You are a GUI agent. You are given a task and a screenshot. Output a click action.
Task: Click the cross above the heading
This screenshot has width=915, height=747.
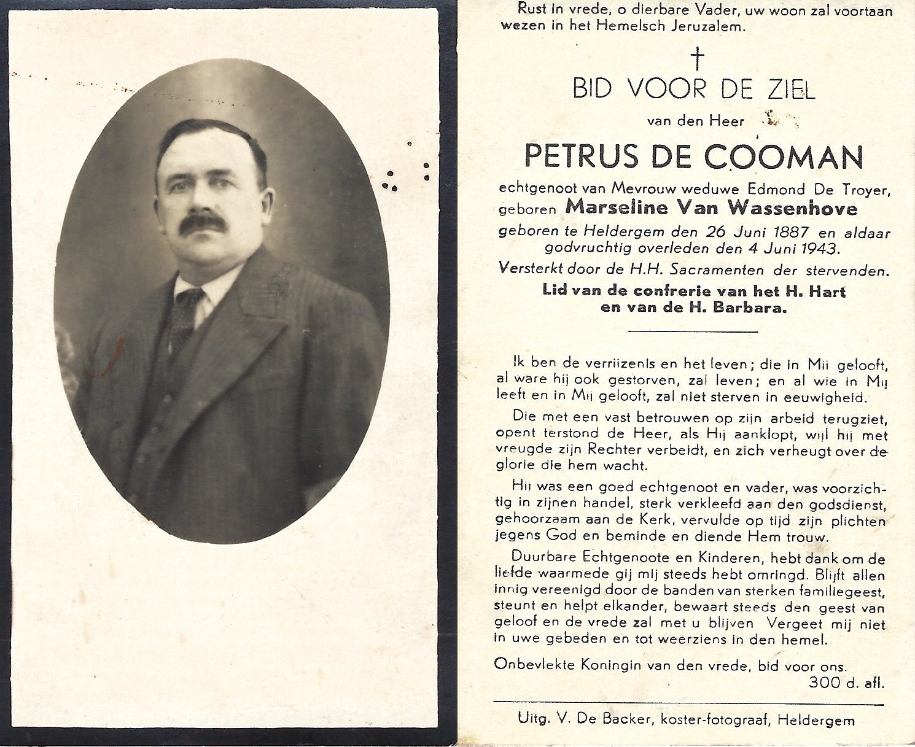(x=697, y=59)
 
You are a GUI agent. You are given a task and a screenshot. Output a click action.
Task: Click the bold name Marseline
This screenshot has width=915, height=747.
(x=607, y=207)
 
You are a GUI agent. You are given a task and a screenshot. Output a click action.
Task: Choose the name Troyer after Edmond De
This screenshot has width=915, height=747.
(x=866, y=190)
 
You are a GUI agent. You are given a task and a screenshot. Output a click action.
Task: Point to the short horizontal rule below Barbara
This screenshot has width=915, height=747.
(x=693, y=331)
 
